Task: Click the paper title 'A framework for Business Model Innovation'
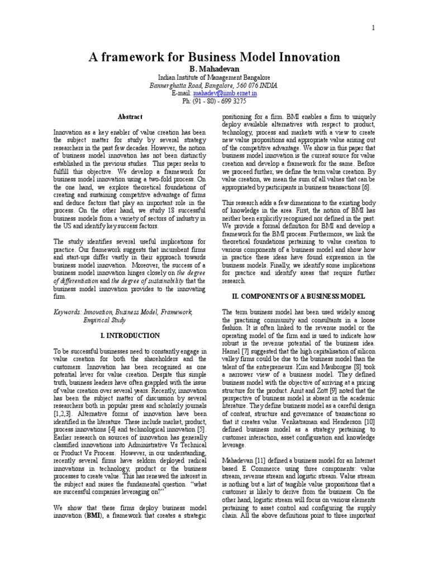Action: tap(214, 57)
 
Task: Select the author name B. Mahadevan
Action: tap(214, 69)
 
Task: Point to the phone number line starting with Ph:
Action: tap(214, 101)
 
